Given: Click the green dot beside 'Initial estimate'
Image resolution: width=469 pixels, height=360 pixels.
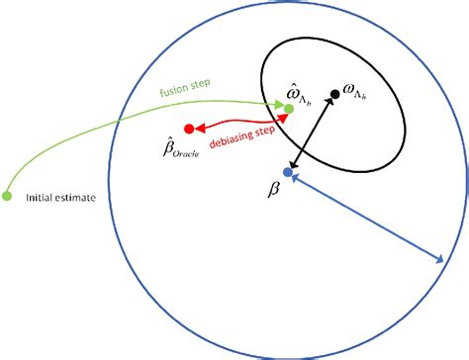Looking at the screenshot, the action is pos(8,192).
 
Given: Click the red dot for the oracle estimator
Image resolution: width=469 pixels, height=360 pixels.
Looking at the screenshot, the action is pos(189,129).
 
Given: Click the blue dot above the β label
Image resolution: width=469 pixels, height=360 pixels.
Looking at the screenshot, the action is pos(288,172).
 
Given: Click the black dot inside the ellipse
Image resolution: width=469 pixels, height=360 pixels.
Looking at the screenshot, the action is pos(335,94).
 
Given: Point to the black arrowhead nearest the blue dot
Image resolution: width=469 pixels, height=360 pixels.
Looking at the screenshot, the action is pos(293,164).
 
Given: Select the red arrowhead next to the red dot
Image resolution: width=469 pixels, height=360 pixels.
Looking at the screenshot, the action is pos(200,128).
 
